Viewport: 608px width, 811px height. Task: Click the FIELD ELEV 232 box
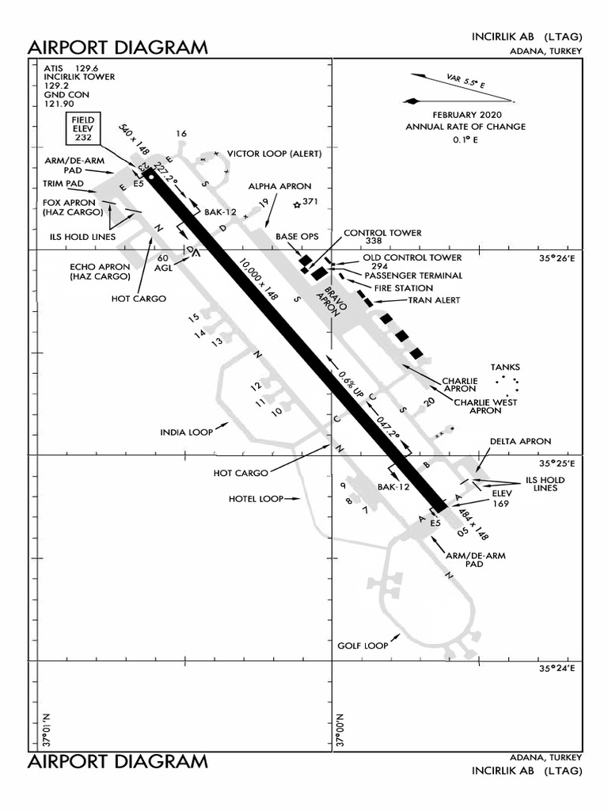[83, 129]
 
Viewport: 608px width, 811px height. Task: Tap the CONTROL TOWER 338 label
[382, 236]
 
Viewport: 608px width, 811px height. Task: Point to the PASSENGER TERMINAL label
[413, 276]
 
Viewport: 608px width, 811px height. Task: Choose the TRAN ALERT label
[433, 301]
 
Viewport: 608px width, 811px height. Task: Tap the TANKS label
[505, 367]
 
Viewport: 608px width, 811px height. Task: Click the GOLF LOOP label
[363, 645]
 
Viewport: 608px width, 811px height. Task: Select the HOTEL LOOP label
[256, 499]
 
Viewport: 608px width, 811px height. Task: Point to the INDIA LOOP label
[187, 432]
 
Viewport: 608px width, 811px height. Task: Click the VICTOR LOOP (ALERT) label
[274, 153]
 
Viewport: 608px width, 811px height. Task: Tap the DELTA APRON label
[520, 441]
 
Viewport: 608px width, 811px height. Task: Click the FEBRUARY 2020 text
[465, 115]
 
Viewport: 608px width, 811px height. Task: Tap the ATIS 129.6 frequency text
[74, 68]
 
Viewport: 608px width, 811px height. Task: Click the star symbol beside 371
[296, 205]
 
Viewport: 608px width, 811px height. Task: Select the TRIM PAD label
[63, 184]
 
